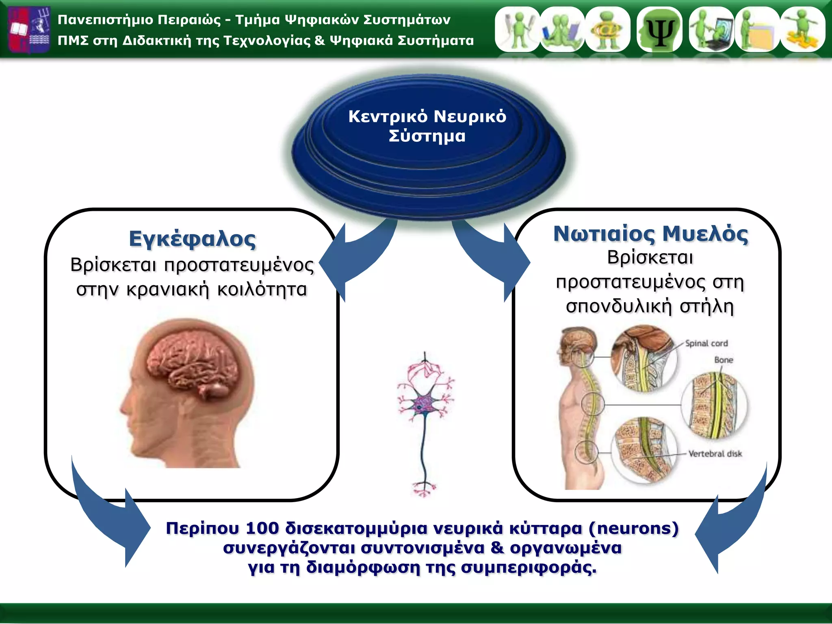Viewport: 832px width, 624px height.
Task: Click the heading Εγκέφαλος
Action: tap(192, 239)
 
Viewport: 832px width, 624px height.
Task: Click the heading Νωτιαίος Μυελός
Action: tap(650, 234)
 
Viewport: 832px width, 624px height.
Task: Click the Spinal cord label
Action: tap(706, 343)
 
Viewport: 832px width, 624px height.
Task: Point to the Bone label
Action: tap(724, 360)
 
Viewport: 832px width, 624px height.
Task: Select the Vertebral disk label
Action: tap(715, 454)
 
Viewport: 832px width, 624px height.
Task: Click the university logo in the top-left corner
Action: tap(29, 30)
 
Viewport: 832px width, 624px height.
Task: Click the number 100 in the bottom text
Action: tap(262, 528)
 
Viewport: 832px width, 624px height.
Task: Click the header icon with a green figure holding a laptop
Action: tap(711, 30)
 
